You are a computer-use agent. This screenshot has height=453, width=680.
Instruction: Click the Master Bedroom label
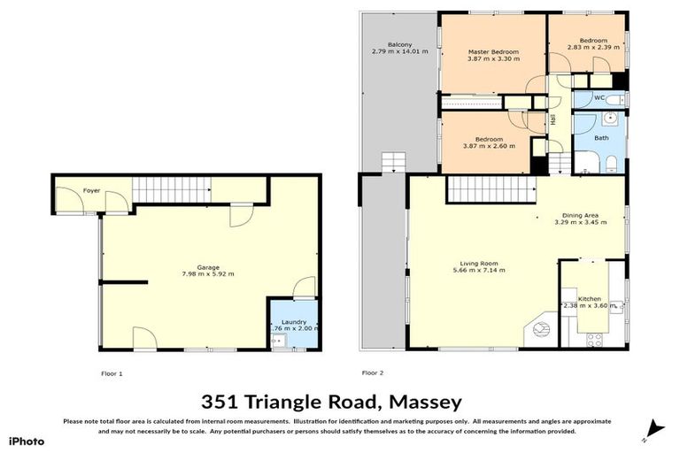493,52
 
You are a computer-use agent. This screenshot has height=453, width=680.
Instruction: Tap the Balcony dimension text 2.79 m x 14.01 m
399,51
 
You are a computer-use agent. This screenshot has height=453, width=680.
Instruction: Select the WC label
599,97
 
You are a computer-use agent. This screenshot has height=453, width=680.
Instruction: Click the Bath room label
601,138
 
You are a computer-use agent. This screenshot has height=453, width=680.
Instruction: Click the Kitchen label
590,299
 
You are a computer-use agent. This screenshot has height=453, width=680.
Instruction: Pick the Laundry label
294,321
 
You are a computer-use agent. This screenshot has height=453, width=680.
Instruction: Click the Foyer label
91,190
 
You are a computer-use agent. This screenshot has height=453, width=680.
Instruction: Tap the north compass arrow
653,428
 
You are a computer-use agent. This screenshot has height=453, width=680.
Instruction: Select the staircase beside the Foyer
174,188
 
